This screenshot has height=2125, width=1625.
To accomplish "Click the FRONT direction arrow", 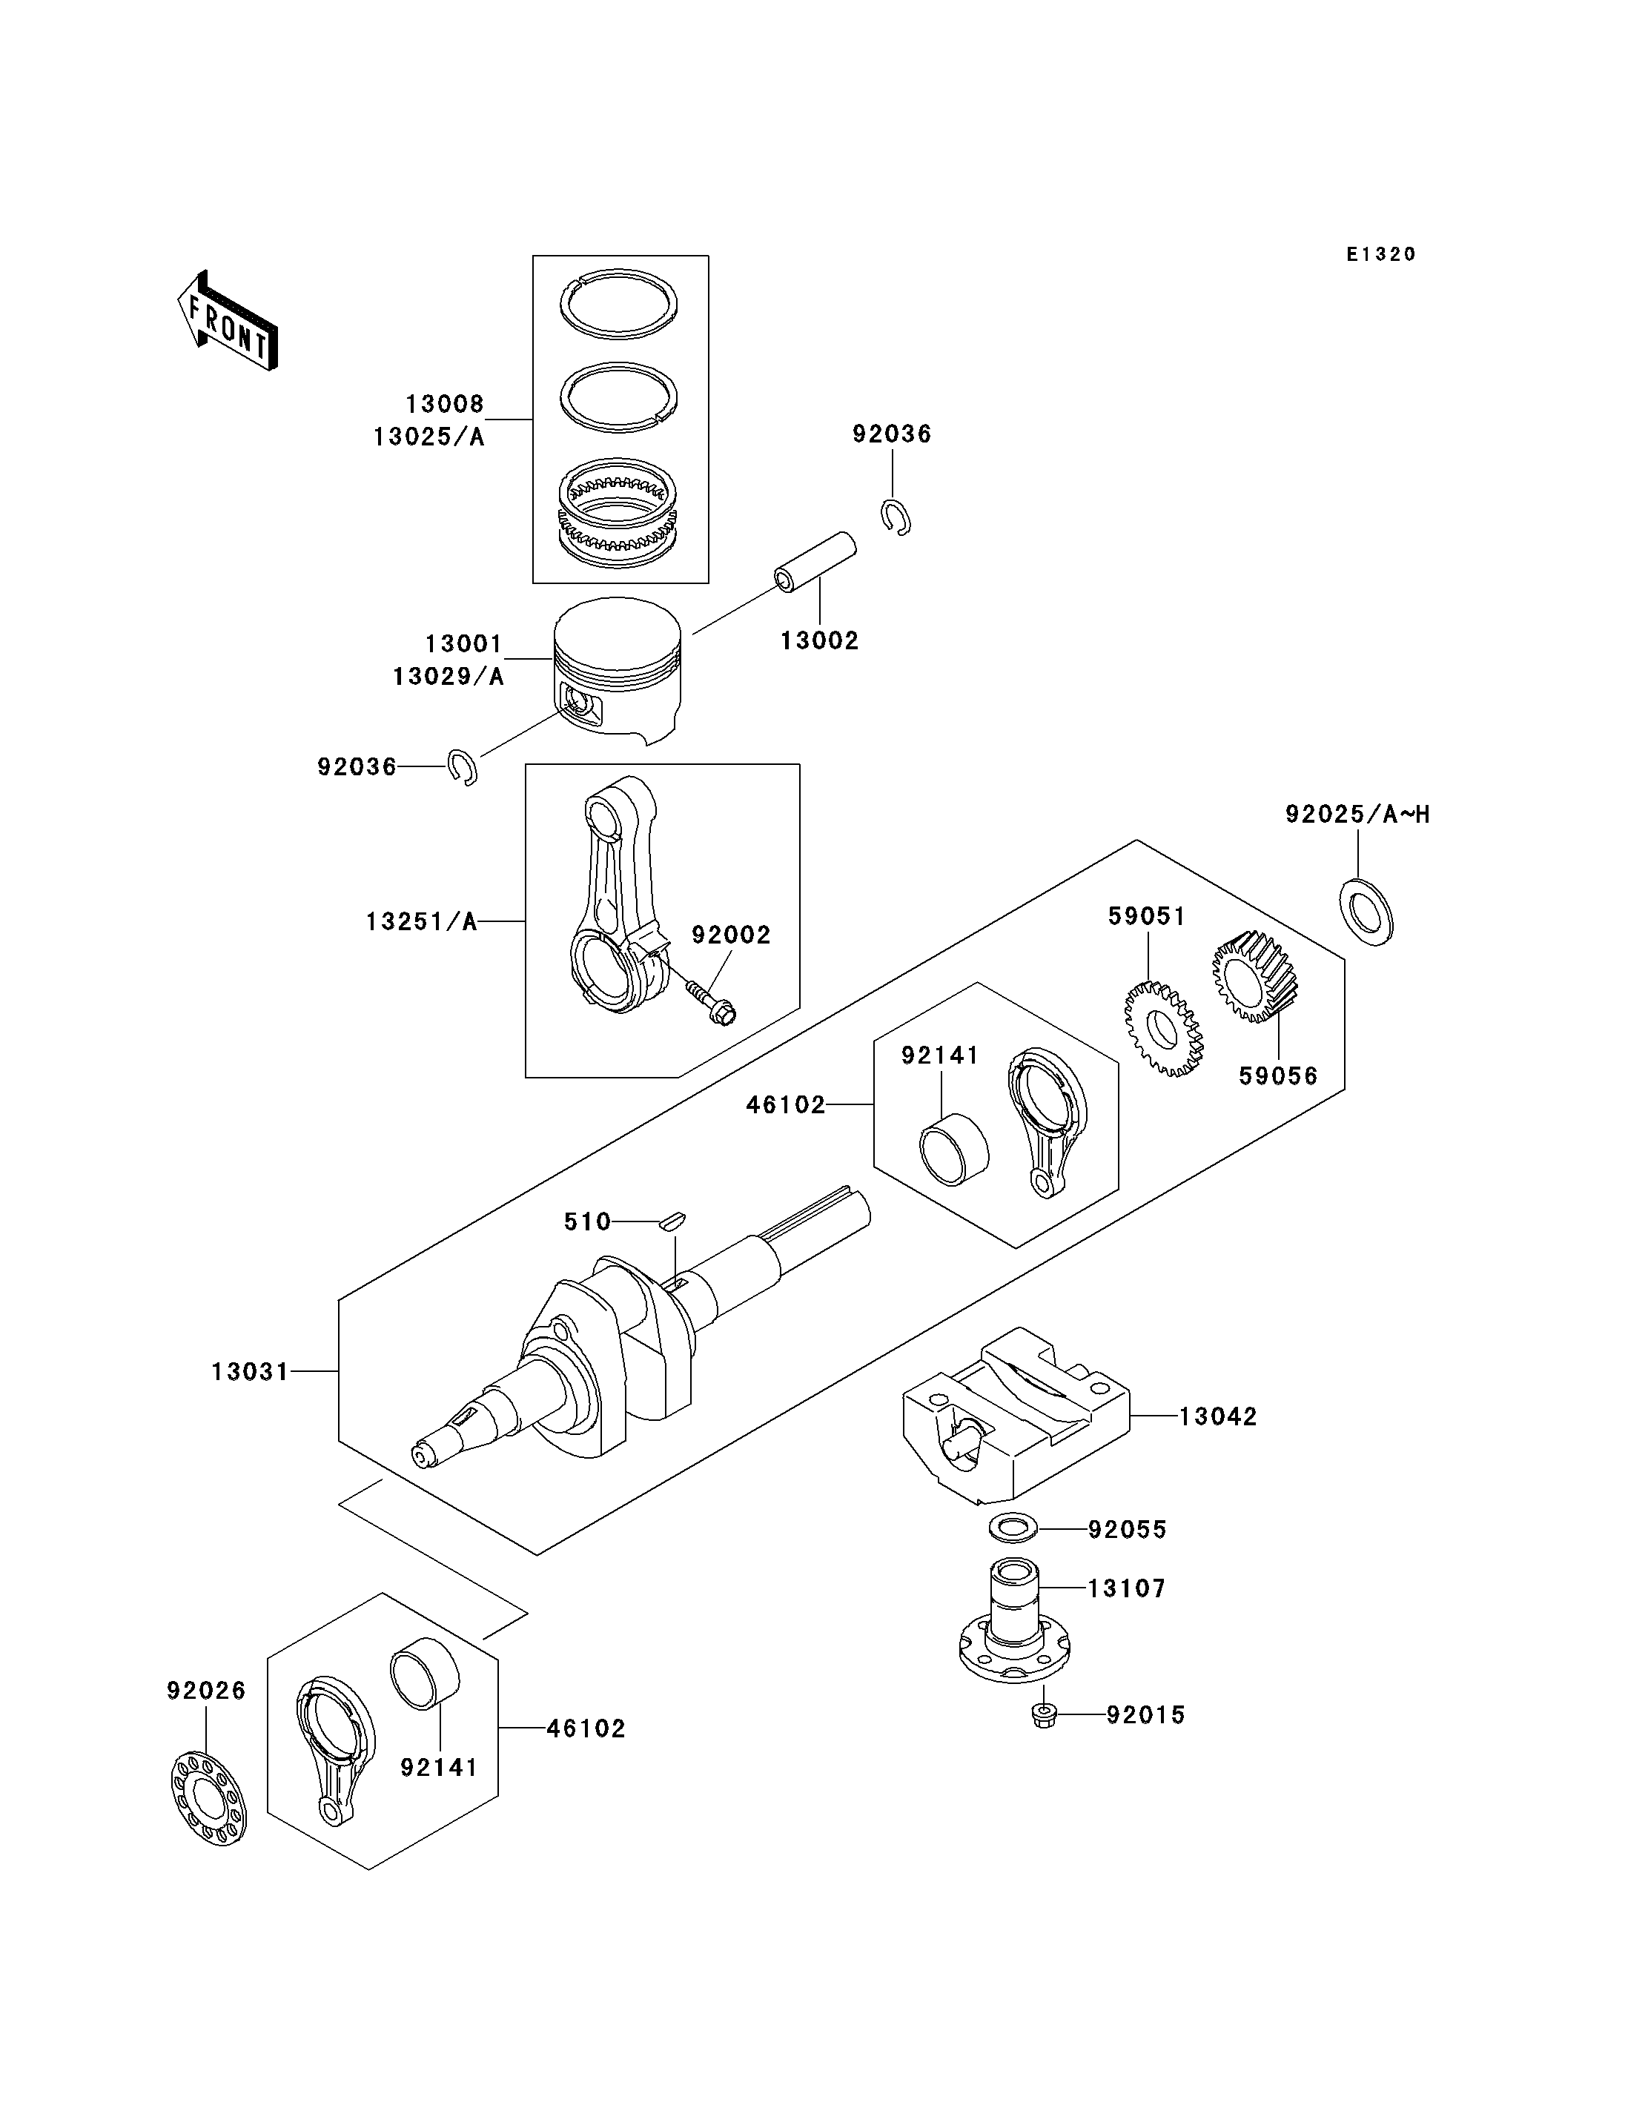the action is coord(228,321).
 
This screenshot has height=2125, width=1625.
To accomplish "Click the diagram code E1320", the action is coord(1381,254).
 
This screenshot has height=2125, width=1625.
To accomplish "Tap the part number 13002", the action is coord(819,640).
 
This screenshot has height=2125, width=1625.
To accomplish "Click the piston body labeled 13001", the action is coord(617,670).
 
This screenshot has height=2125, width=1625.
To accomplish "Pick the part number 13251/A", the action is coord(422,922).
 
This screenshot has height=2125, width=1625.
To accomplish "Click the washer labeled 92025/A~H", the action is coord(1366,912).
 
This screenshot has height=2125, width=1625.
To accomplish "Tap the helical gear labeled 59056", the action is coord(1254,977).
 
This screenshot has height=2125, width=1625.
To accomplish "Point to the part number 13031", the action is coord(251,1371).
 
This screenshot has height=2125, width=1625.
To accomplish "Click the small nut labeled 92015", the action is coord(1045,1717).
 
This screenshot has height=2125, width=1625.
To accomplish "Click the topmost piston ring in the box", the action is coord(619,305).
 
